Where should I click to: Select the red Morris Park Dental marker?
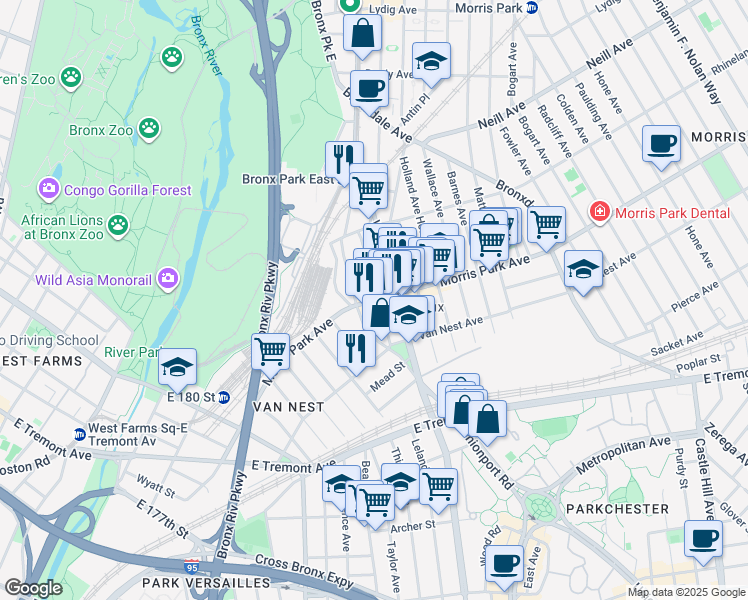tap(599, 212)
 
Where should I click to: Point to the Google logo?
tap(33, 587)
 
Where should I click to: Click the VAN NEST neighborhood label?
tap(289, 407)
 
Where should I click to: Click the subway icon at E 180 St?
tap(224, 397)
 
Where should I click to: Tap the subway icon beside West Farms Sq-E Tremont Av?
tap(79, 434)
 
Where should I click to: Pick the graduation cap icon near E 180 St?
tap(177, 366)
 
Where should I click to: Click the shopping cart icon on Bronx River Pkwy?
tap(270, 351)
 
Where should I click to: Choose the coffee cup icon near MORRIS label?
tap(661, 143)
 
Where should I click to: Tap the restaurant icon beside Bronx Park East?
tap(344, 159)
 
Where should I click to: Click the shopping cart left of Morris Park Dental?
tap(546, 225)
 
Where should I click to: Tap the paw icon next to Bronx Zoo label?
tap(149, 128)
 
